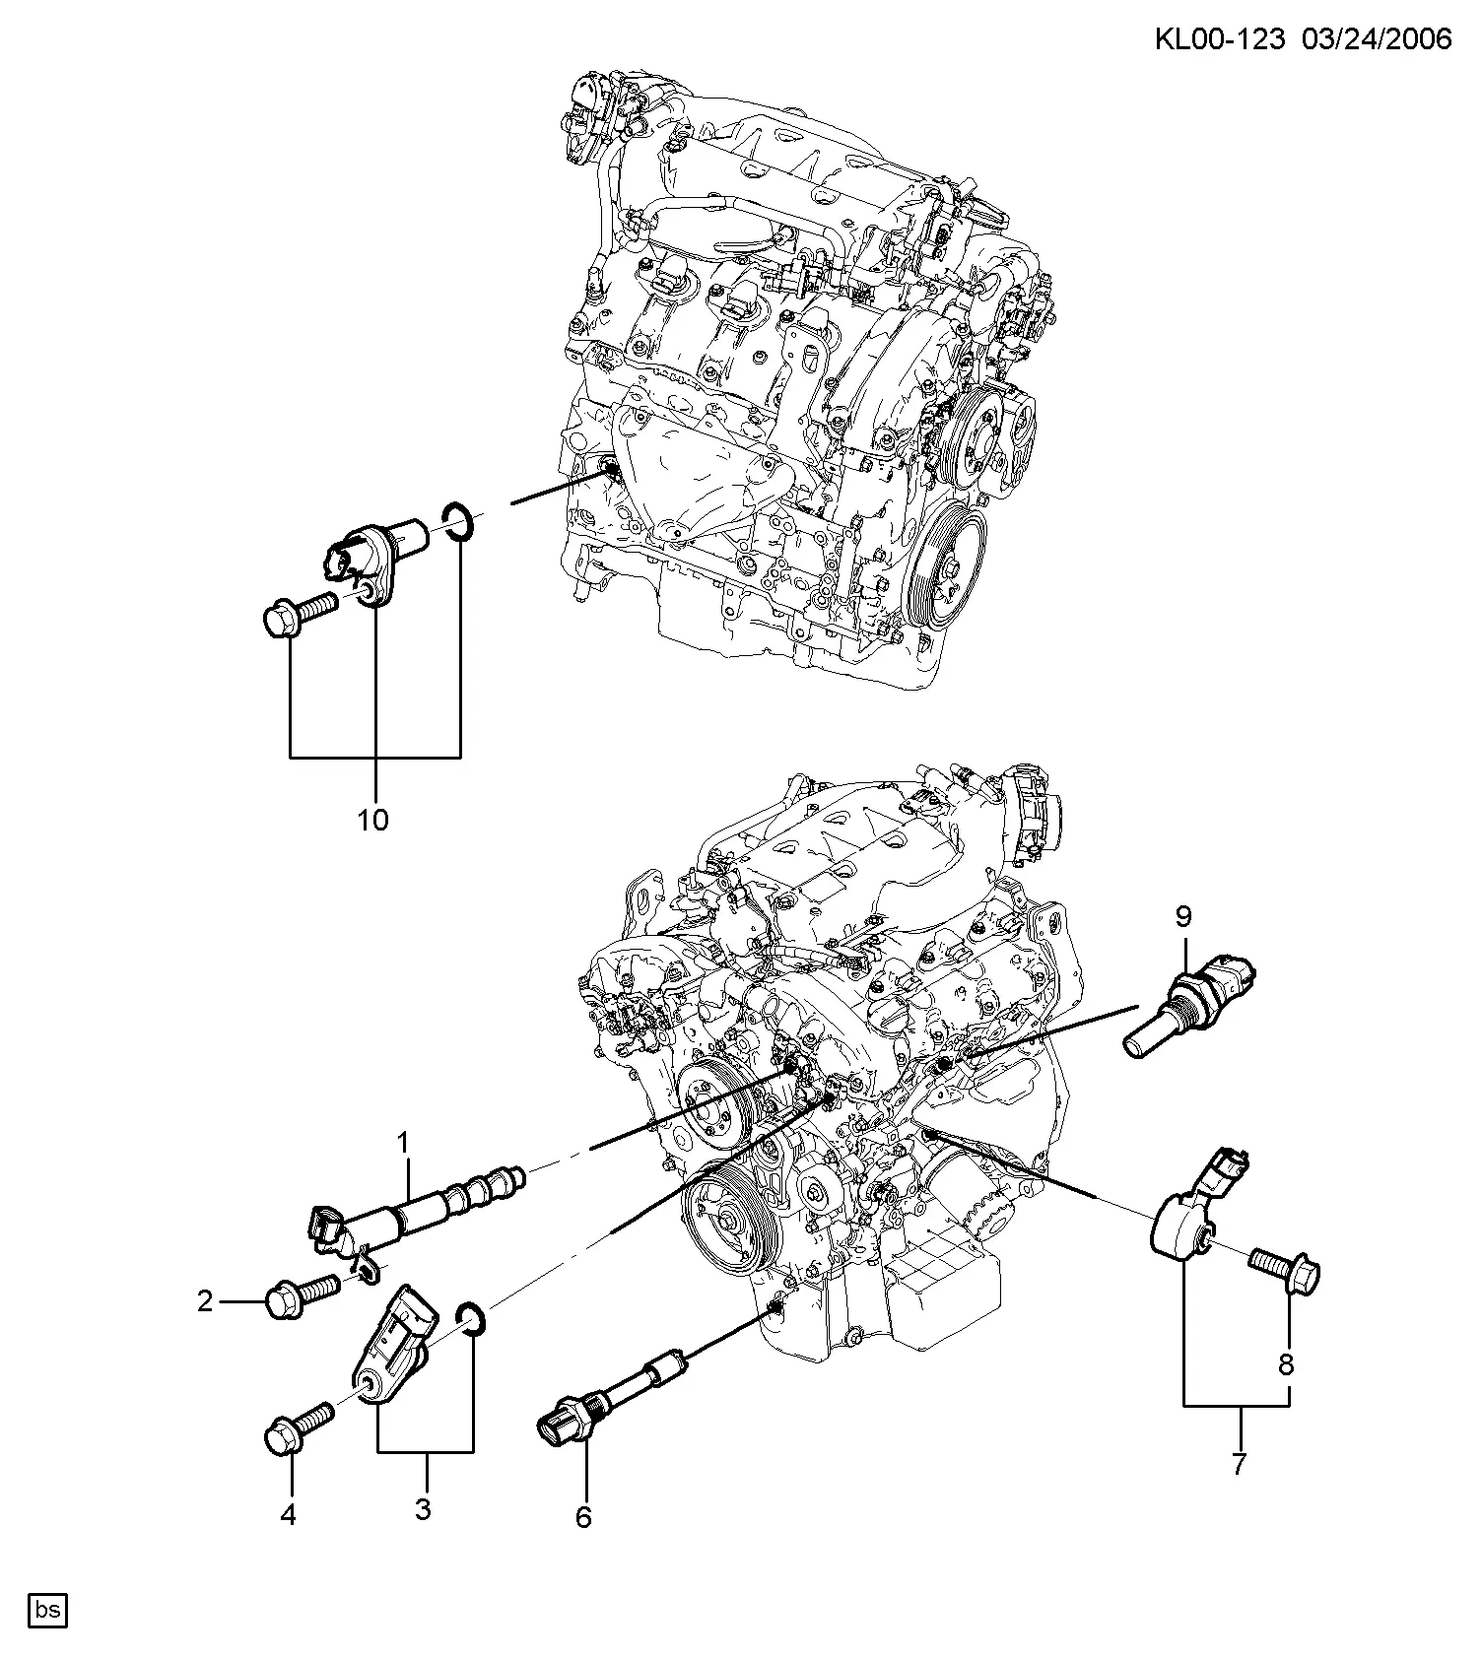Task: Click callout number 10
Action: pos(372,819)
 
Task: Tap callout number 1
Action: pos(402,1143)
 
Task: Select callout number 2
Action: pos(205,1302)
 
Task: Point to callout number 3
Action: pos(423,1510)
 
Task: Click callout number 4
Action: pos(288,1514)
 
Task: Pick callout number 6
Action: pos(583,1518)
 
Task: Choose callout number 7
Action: pos(1239,1464)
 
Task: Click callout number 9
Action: pos(1183,916)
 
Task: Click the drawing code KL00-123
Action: pos(1220,38)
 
